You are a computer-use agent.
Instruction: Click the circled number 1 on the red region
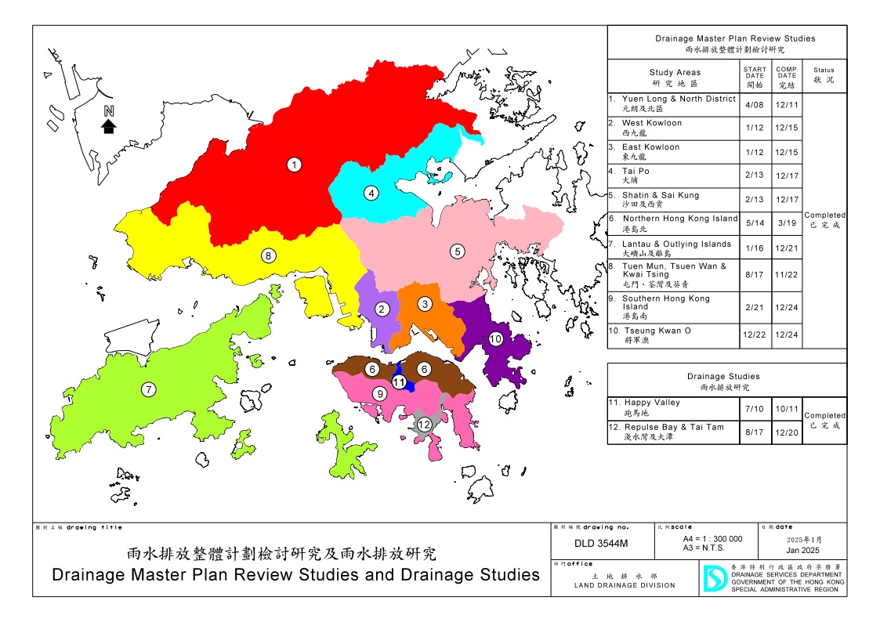(294, 165)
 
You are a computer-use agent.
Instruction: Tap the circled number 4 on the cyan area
(371, 193)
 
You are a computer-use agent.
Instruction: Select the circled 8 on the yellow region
(268, 255)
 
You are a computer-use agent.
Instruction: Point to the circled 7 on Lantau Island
(147, 389)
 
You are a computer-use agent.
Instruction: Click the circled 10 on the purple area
(495, 339)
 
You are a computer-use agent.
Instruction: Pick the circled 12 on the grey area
(424, 425)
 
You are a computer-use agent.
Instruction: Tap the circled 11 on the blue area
(400, 382)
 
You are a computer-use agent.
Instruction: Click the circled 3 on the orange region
(424, 304)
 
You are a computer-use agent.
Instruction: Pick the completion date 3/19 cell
(786, 223)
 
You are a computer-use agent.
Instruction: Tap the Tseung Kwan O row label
(657, 331)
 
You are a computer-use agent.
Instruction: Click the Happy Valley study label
(652, 403)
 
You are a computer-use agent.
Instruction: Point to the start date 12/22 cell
(755, 335)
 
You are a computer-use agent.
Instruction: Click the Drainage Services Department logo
(713, 578)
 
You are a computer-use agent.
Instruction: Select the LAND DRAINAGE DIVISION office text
(624, 585)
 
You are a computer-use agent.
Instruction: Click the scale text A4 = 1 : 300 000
(712, 539)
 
